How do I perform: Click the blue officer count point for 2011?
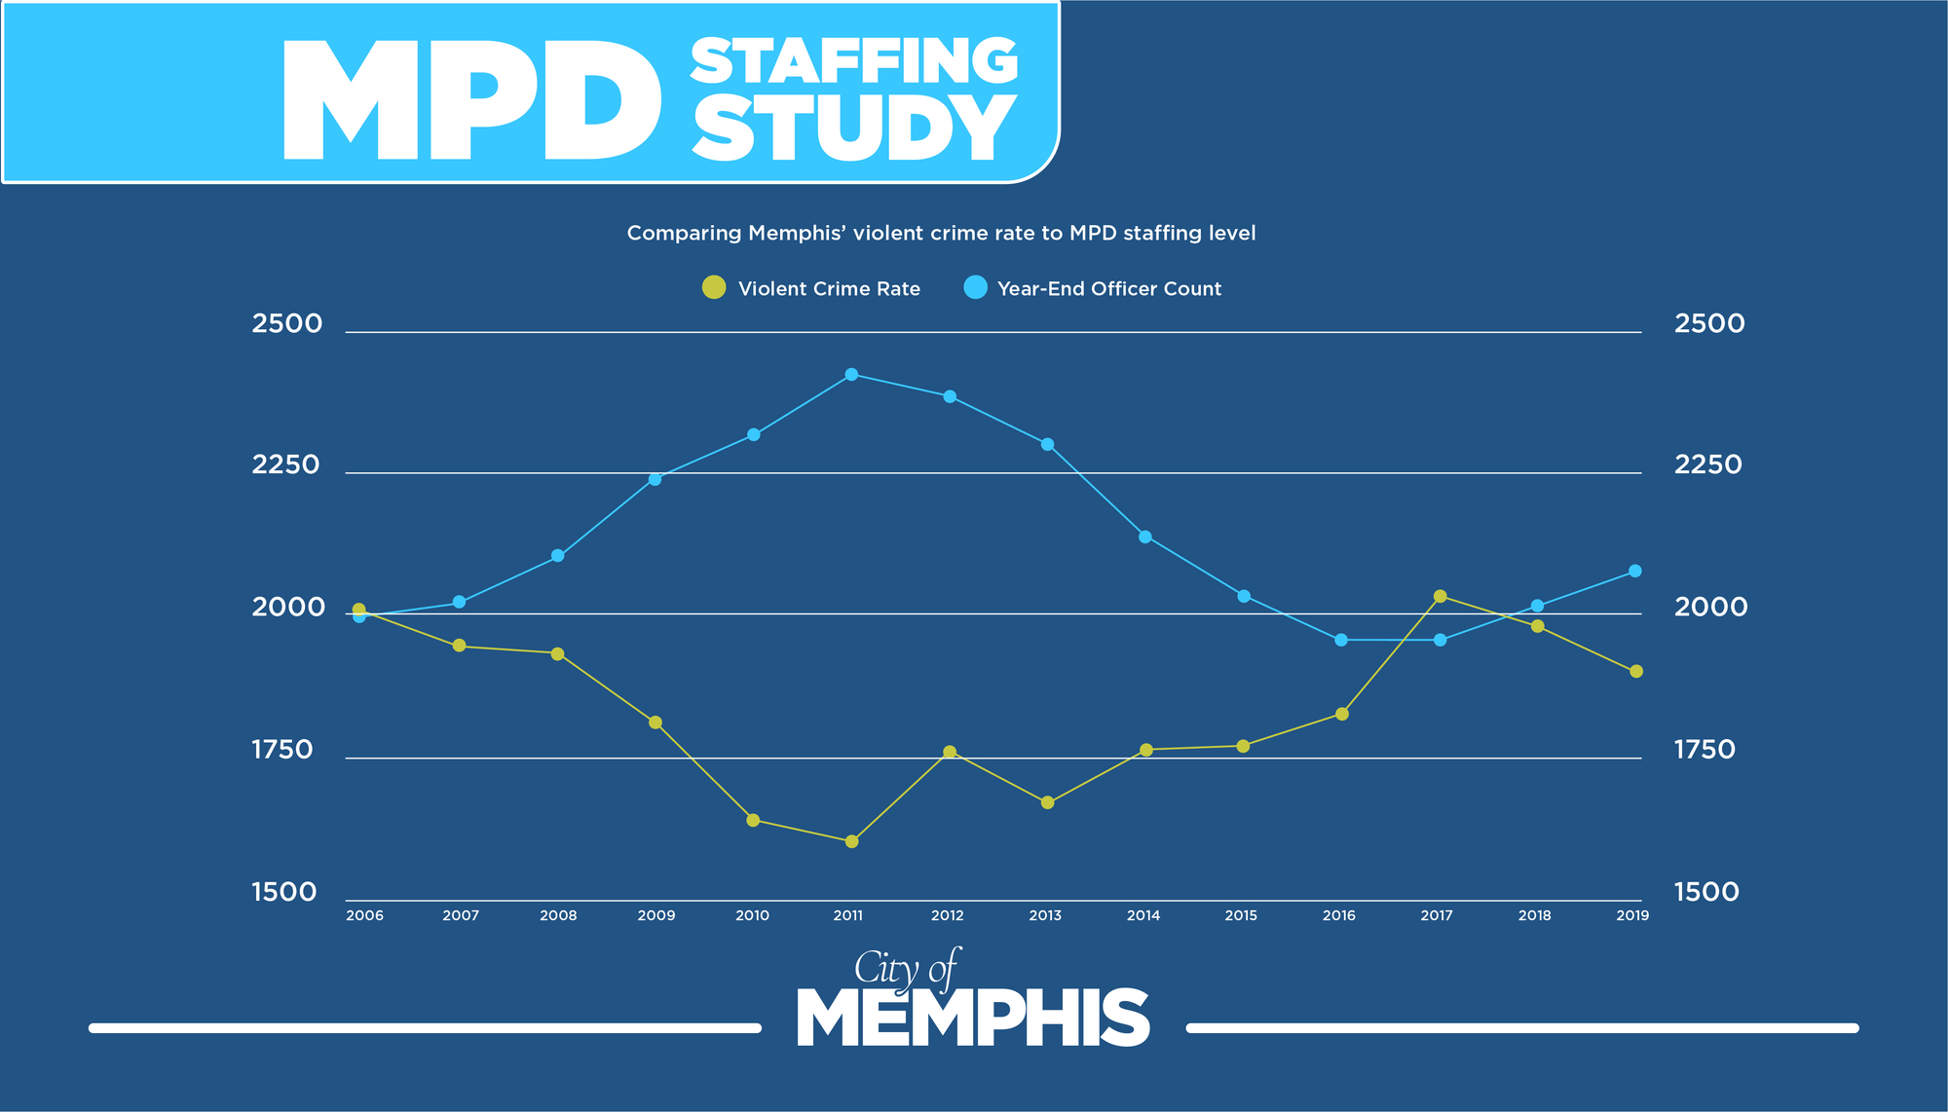point(851,375)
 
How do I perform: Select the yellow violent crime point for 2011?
point(851,841)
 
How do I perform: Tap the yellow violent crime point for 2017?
point(1441,596)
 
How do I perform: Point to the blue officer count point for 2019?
point(1635,572)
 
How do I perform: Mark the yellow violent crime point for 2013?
point(1048,803)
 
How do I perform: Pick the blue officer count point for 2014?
point(1145,537)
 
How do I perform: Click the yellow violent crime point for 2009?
point(656,723)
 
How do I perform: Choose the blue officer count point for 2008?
point(558,556)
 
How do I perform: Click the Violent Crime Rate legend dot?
point(714,287)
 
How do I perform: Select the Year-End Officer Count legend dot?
point(975,287)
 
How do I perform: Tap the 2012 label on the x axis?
point(947,915)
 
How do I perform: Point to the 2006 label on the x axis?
point(364,915)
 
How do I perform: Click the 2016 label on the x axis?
point(1339,915)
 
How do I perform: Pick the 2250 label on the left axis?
point(285,464)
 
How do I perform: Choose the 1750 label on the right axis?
point(1704,750)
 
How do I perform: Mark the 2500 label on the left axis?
point(286,323)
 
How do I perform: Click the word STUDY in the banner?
point(854,130)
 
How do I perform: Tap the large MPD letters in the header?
point(472,102)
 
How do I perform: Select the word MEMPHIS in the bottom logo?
point(973,1019)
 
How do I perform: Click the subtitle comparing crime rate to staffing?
point(941,234)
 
